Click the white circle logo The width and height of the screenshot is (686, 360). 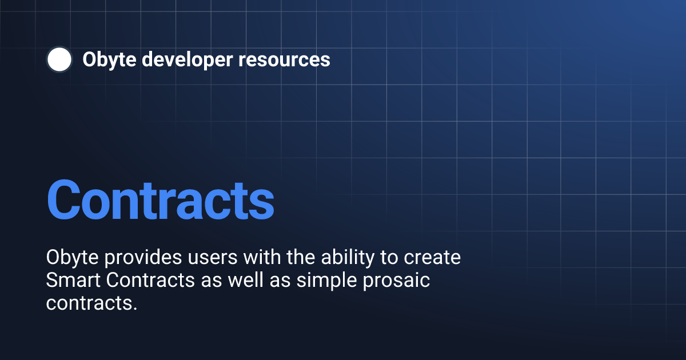(x=59, y=59)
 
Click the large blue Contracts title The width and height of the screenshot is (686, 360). (x=160, y=199)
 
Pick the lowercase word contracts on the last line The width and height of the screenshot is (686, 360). (x=89, y=303)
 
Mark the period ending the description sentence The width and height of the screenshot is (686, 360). (x=135, y=309)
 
